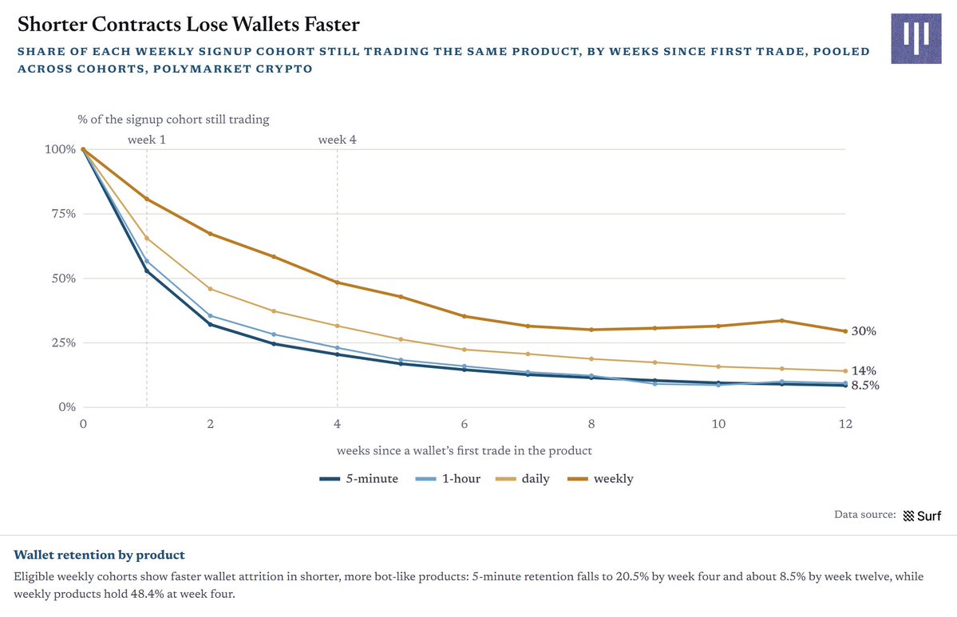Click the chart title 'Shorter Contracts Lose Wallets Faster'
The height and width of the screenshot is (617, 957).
[188, 25]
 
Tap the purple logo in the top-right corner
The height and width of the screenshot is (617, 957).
[916, 38]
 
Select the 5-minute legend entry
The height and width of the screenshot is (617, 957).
[359, 479]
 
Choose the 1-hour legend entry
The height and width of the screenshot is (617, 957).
[448, 479]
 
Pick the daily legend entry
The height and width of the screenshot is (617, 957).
[523, 479]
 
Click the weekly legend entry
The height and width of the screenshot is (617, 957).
[600, 479]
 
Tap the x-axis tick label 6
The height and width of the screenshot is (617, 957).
[465, 424]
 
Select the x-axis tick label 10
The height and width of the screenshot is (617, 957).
[718, 424]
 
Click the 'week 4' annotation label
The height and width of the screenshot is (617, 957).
[337, 140]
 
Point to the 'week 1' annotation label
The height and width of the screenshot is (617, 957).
[147, 140]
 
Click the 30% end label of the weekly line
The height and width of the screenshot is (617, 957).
[864, 331]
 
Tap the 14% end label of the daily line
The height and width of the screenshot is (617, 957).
[864, 370]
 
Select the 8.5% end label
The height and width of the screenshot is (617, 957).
[865, 385]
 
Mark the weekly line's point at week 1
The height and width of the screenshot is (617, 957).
[147, 199]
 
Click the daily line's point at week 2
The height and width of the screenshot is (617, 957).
[211, 289]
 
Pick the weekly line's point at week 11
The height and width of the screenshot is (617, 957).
[782, 320]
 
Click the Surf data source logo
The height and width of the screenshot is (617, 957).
[922, 516]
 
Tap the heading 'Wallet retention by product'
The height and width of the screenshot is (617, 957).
[100, 555]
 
